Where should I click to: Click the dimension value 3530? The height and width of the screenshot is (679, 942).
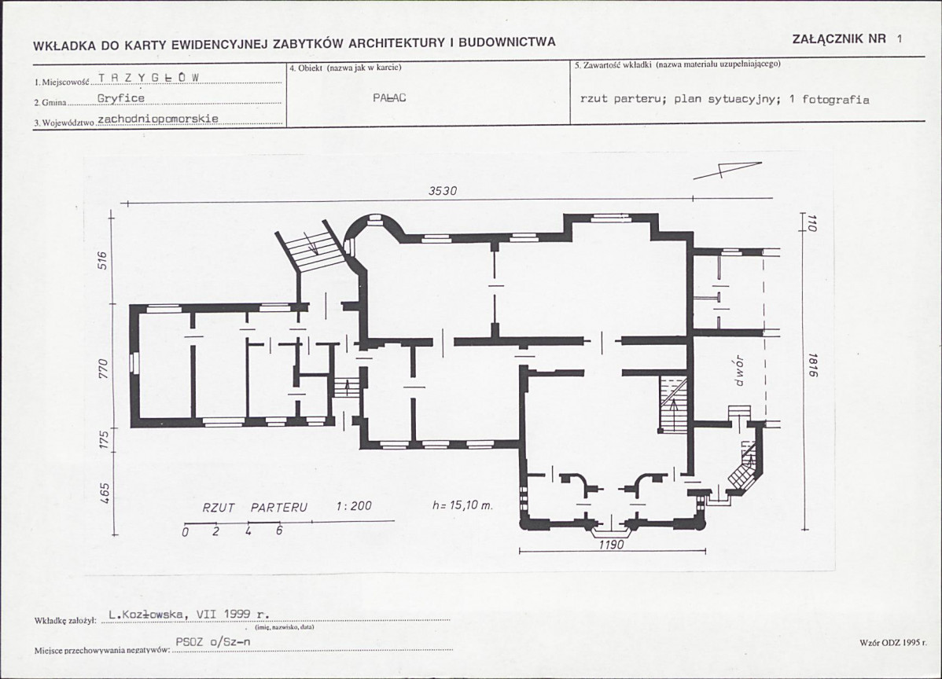[443, 191]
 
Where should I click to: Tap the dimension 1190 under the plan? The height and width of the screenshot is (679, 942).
[612, 545]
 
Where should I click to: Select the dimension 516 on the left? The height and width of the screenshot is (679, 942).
[103, 260]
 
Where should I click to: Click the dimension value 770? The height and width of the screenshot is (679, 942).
[103, 368]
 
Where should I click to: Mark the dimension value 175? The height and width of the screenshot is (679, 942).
[103, 440]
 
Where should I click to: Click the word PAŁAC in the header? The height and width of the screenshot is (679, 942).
[389, 98]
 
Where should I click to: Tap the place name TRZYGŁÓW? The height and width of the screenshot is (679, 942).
[149, 78]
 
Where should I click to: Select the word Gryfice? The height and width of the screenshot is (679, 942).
[121, 98]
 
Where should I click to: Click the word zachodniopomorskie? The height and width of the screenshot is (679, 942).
[157, 119]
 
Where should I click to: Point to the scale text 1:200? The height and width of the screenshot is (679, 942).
[353, 506]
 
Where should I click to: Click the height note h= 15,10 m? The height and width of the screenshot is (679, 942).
[462, 505]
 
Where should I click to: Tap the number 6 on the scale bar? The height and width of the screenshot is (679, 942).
[279, 530]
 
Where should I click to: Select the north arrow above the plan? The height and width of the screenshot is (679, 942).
[727, 171]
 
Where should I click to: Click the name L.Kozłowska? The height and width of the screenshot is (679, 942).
[148, 614]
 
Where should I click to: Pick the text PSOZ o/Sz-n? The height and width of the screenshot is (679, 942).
[212, 642]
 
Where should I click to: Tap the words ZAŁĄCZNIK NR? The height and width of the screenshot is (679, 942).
[839, 39]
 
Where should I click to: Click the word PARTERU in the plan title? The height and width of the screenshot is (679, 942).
[279, 508]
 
